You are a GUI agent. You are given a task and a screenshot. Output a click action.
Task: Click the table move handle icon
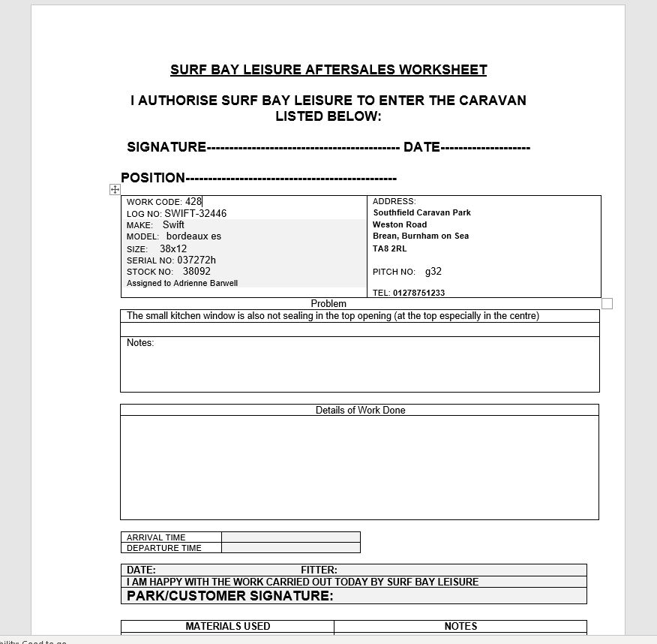115,190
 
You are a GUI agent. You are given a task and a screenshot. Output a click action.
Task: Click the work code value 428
193,201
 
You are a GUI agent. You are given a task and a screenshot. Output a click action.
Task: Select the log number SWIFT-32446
195,213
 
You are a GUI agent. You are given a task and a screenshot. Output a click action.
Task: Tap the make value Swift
173,224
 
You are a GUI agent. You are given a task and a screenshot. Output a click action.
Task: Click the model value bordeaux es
193,236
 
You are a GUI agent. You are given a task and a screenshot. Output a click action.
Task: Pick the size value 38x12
173,248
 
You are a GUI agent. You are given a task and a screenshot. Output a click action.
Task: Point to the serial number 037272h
196,260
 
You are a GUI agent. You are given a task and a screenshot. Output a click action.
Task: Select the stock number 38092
196,272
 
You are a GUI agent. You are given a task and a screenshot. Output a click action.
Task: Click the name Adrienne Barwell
205,283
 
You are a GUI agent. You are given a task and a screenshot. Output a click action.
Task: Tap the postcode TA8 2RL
389,248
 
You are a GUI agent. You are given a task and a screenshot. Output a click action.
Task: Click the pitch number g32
433,272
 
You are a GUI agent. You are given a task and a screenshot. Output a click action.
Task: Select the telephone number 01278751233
418,293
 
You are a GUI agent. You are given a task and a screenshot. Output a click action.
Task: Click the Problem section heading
328,304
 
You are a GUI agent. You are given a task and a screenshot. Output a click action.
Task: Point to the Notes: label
140,343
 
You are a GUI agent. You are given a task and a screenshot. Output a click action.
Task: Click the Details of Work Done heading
360,411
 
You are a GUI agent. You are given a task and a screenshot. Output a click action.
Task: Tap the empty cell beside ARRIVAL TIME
291,537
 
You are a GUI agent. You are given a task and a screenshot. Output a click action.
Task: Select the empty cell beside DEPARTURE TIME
291,548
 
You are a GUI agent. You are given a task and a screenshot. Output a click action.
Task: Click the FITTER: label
319,570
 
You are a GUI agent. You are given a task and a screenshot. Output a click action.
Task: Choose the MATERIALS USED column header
228,626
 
